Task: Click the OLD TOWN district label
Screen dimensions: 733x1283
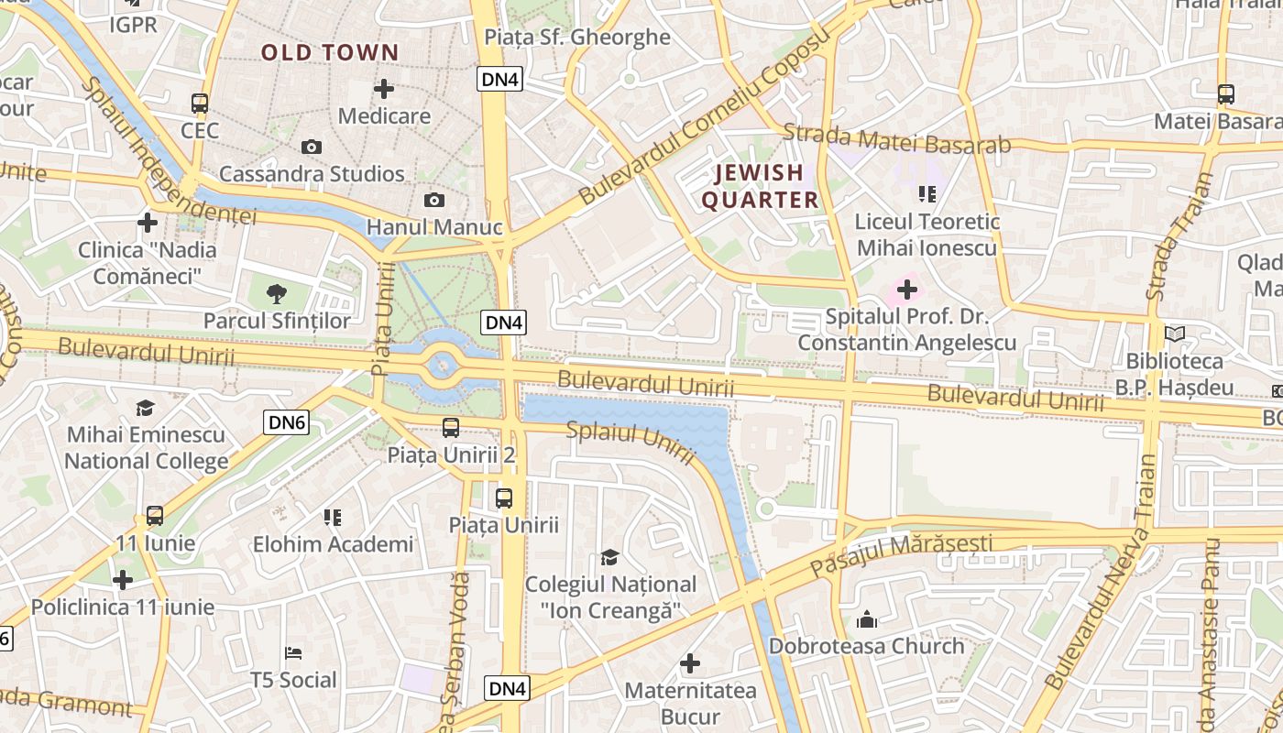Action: [x=330, y=52]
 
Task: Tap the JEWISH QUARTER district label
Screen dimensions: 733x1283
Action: [x=759, y=186]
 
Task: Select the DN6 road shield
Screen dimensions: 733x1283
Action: [x=287, y=422]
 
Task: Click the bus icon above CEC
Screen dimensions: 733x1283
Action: [x=200, y=103]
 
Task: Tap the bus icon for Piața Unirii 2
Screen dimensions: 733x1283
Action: [x=451, y=427]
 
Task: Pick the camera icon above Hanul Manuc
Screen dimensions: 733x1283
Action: [x=434, y=200]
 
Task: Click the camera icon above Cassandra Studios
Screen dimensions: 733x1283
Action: [x=312, y=147]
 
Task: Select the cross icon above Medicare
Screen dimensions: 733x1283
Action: [x=384, y=89]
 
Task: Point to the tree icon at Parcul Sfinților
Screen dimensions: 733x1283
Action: [x=276, y=294]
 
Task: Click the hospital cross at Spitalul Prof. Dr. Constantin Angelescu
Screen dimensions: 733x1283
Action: [x=906, y=290]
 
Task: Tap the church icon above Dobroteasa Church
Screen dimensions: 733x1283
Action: [x=866, y=619]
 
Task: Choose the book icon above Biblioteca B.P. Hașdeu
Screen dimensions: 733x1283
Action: [x=1175, y=334]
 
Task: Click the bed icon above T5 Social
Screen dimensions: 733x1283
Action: [x=293, y=653]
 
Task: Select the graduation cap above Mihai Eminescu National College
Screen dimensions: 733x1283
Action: [x=146, y=408]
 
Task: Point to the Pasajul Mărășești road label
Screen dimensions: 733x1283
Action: [x=901, y=554]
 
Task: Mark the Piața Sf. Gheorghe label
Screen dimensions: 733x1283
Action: [x=577, y=38]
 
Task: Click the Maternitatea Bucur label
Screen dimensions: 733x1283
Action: [x=690, y=703]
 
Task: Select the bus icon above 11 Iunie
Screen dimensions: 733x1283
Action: [x=155, y=516]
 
